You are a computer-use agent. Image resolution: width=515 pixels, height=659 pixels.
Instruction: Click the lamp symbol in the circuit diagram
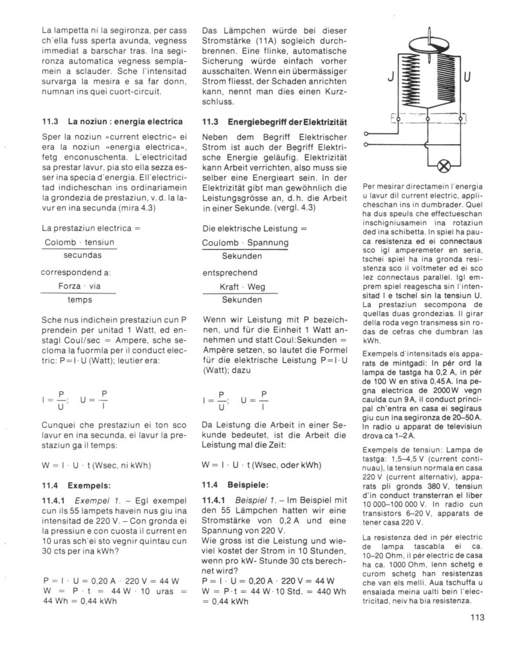(x=444, y=166)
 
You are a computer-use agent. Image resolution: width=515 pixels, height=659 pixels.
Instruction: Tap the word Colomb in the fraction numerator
(x=59, y=242)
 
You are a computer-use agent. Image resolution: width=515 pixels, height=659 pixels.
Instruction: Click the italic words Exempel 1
(x=95, y=499)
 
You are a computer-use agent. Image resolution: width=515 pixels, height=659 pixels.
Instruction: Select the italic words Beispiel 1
(x=257, y=499)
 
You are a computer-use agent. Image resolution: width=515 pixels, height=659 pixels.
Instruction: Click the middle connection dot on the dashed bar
(x=427, y=120)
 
